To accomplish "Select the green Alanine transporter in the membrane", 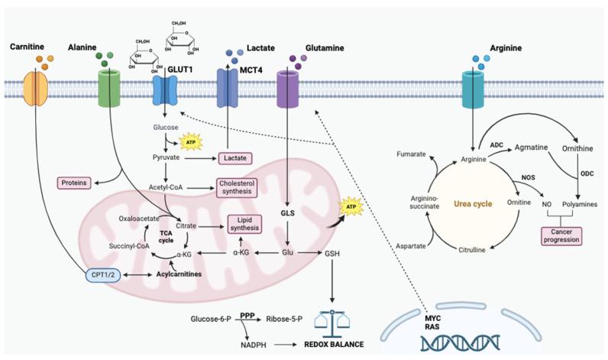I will pyautogui.click(x=112, y=89).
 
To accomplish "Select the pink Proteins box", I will pyautogui.click(x=79, y=183).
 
